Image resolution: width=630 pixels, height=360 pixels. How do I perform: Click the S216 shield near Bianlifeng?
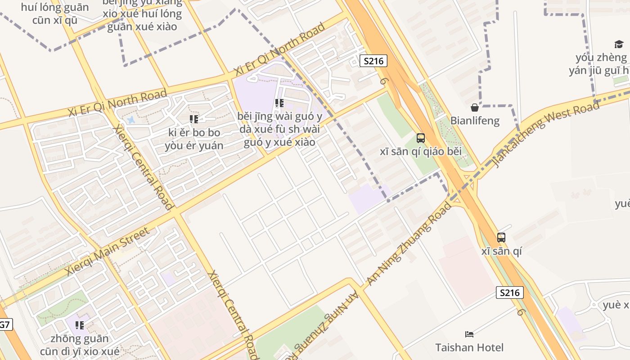373,61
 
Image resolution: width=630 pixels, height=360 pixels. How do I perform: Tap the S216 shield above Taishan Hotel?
510,292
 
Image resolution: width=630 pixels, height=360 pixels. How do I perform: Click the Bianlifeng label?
475,121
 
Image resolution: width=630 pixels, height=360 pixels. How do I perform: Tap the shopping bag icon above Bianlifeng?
474,108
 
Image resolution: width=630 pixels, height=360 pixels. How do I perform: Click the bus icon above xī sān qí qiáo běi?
420,138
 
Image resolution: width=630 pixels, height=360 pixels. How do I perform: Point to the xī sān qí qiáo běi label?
420,152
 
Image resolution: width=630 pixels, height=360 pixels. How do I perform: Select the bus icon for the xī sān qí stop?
501,237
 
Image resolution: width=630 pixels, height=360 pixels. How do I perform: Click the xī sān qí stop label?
501,251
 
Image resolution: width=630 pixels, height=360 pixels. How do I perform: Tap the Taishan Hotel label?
469,347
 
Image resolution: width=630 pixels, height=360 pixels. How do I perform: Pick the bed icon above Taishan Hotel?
469,334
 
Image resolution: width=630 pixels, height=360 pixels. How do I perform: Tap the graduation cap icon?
619,44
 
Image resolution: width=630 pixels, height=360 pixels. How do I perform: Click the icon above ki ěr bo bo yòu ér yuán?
194,119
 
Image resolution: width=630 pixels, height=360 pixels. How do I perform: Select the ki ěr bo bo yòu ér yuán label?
194,139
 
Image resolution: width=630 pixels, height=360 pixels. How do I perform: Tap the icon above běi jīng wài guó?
279,103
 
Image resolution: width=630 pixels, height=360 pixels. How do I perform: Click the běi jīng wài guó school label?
279,130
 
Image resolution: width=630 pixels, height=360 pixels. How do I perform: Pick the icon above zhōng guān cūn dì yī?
80,325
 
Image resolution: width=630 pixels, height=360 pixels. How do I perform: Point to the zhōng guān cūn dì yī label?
80,345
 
